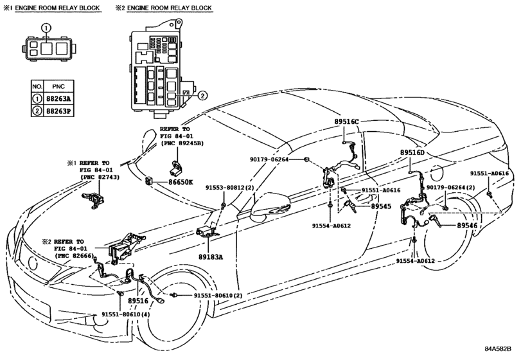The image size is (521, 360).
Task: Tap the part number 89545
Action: tap(382, 206)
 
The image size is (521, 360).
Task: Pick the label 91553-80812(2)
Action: tap(229, 188)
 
